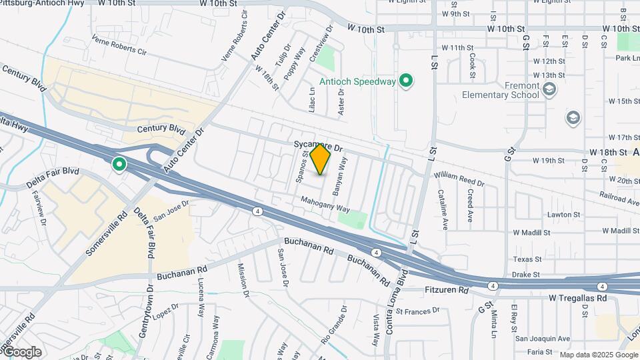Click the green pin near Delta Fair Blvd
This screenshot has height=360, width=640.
click(x=120, y=163)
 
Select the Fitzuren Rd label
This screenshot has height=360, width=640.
click(x=447, y=291)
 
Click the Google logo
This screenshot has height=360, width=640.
click(x=21, y=352)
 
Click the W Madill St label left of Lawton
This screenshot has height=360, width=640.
click(x=531, y=233)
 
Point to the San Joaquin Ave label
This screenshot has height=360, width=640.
click(x=541, y=338)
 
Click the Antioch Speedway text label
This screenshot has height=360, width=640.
click(x=357, y=82)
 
